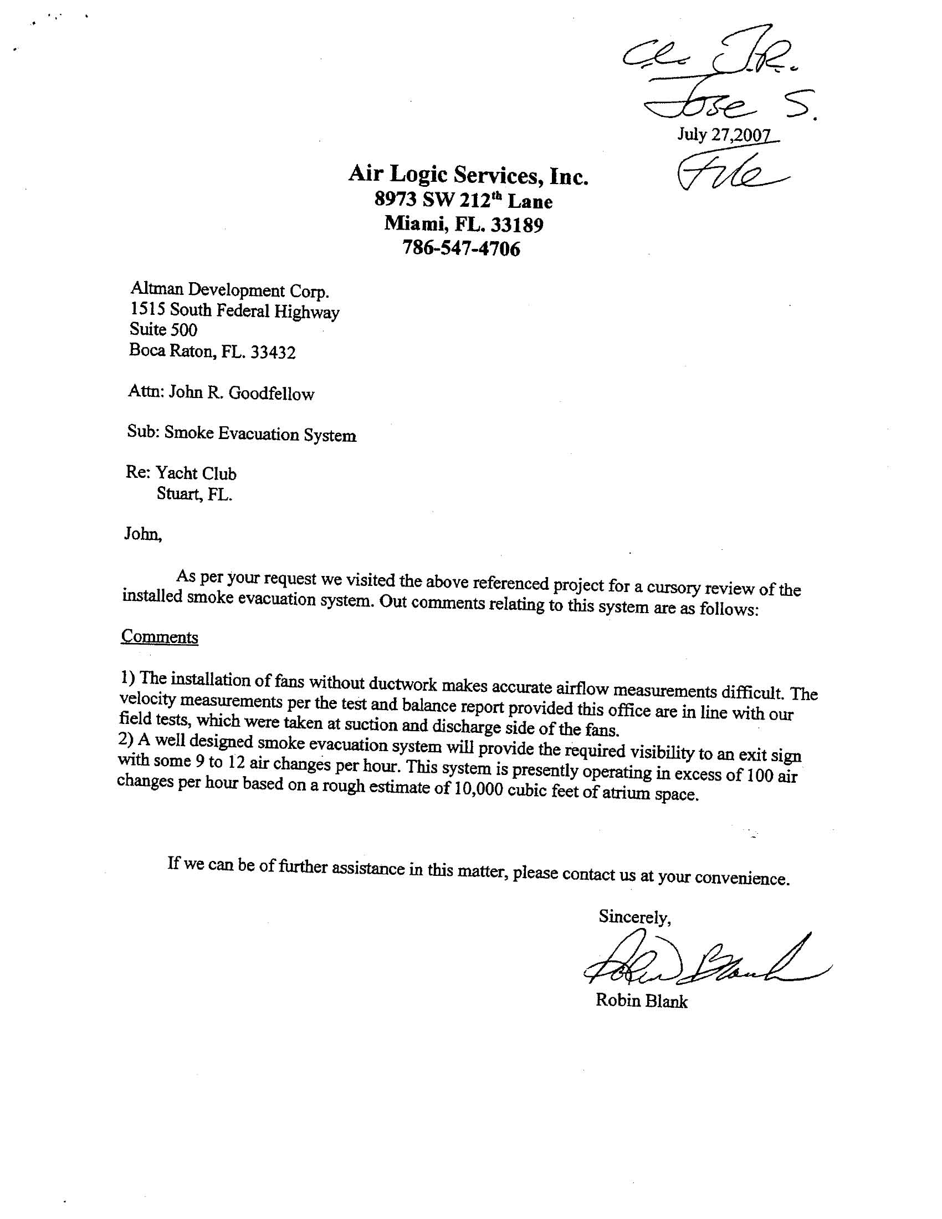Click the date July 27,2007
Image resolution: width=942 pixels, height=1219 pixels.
coord(724,135)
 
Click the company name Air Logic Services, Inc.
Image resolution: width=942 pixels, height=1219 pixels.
coord(468,175)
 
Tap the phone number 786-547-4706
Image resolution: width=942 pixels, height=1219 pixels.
coord(461,248)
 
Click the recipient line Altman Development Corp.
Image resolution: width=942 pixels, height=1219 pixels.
coord(229,290)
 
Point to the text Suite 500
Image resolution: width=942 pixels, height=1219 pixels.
coord(163,330)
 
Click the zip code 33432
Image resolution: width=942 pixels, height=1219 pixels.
coord(273,352)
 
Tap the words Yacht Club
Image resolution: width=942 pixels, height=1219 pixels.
coord(196,473)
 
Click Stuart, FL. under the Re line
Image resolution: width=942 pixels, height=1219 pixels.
coord(194,494)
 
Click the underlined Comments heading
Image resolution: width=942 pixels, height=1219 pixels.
coord(160,637)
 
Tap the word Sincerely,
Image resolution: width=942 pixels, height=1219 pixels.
coord(634,916)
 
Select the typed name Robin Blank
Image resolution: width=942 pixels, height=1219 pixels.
coord(641,1001)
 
